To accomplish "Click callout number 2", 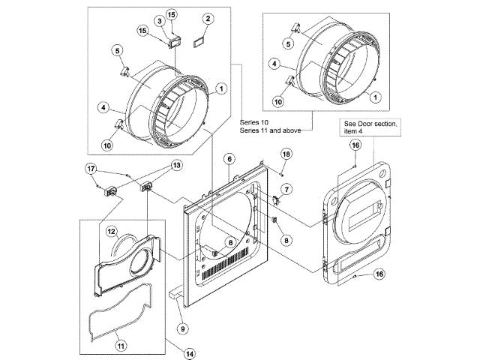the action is pyautogui.click(x=208, y=19).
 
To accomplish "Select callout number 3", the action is pyautogui.click(x=160, y=21).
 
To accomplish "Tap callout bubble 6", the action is pyautogui.click(x=229, y=159).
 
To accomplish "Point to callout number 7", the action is pyautogui.click(x=286, y=190).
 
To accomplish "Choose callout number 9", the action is pyautogui.click(x=183, y=328).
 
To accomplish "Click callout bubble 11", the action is pyautogui.click(x=121, y=346).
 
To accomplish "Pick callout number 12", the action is pyautogui.click(x=112, y=232).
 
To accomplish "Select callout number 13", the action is pyautogui.click(x=177, y=165).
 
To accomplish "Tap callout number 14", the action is pyautogui.click(x=190, y=354).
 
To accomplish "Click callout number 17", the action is pyautogui.click(x=91, y=169).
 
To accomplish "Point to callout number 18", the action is pyautogui.click(x=286, y=154).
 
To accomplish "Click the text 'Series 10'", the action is pyautogui.click(x=254, y=122).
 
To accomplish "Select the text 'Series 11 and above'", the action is pyautogui.click(x=270, y=130).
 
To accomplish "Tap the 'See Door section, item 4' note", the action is pyautogui.click(x=370, y=127).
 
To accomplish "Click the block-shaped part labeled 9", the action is pyautogui.click(x=175, y=293).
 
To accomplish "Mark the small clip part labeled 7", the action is pyautogui.click(x=277, y=199).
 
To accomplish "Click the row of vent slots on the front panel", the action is pyautogui.click(x=225, y=263).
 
